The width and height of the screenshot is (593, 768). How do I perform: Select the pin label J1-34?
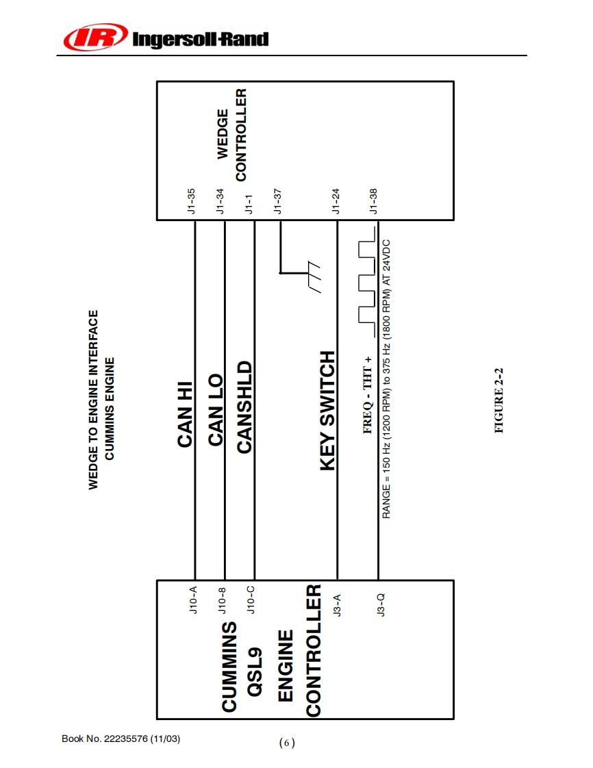tap(220, 202)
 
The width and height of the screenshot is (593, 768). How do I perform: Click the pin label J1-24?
tap(336, 202)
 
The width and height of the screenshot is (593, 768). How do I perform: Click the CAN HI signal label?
tap(186, 415)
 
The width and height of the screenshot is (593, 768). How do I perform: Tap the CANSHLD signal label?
tap(244, 407)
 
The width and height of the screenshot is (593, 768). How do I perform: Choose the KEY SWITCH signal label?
tap(328, 411)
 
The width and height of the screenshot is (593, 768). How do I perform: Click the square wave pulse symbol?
tap(367, 281)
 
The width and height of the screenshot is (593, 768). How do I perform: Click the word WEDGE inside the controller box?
tap(223, 133)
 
